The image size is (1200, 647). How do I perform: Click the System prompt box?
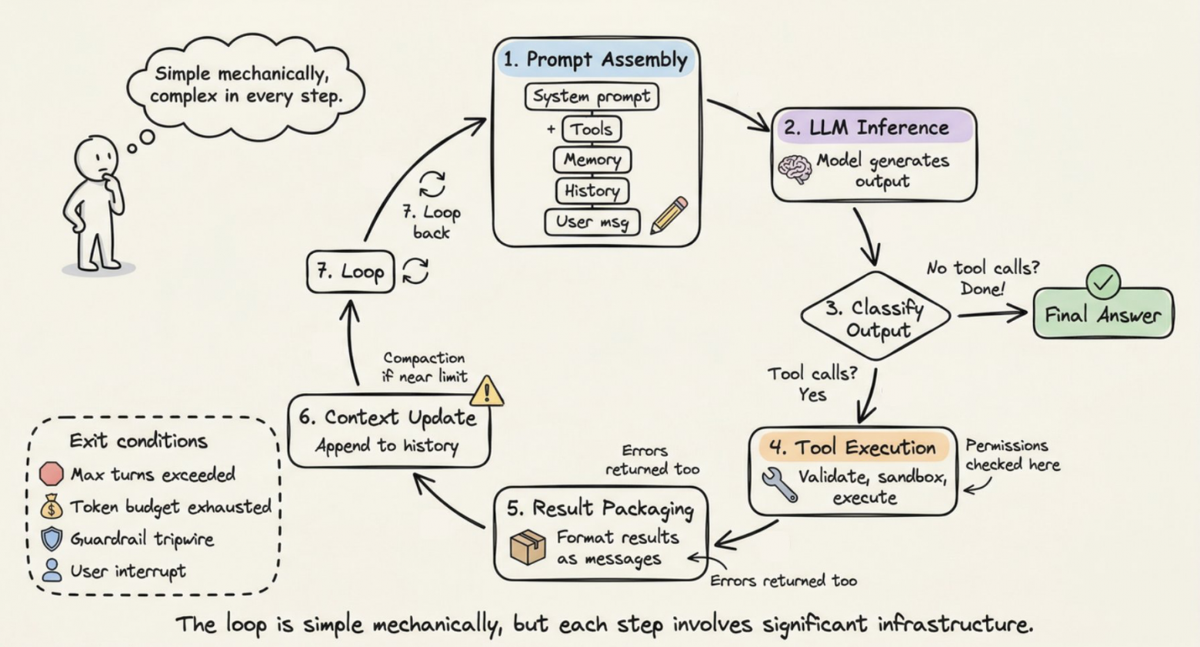(592, 97)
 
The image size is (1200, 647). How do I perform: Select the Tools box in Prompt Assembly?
(592, 129)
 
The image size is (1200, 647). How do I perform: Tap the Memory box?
(592, 160)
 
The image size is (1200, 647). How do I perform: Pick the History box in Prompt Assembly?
(592, 191)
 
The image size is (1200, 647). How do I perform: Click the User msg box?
(592, 222)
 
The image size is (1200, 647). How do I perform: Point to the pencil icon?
(668, 215)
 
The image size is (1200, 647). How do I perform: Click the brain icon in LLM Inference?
(794, 168)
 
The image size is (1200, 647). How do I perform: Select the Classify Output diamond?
(875, 316)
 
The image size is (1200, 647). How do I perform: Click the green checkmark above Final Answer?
(1103, 282)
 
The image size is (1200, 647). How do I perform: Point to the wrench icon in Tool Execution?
(779, 485)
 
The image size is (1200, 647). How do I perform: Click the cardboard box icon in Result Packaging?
(528, 547)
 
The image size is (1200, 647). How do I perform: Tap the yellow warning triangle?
(487, 391)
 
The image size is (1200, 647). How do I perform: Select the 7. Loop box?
(351, 272)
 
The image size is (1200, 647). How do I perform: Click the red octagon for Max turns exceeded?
(52, 474)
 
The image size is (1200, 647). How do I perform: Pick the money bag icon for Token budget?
(52, 506)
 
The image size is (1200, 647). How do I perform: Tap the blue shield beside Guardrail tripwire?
(52, 539)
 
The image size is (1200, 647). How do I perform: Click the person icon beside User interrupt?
(52, 570)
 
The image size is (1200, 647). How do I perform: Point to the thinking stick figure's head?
(95, 158)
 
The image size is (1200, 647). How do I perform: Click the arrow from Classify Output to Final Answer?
(992, 314)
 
